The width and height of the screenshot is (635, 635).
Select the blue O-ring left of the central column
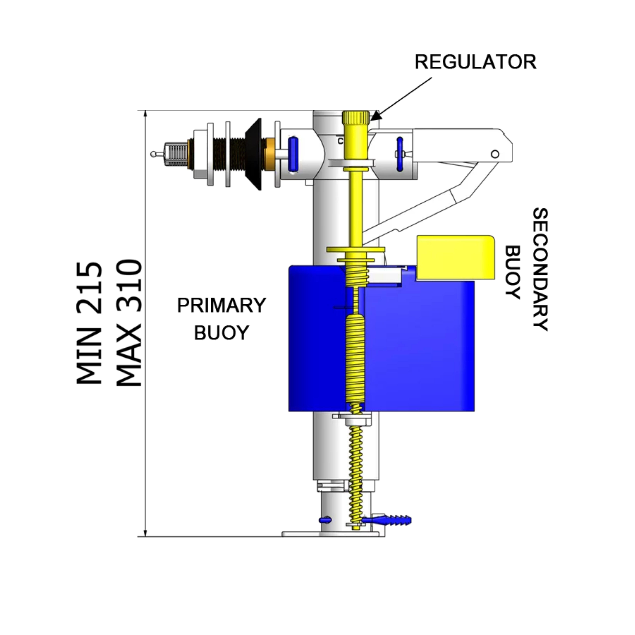pos(292,154)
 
